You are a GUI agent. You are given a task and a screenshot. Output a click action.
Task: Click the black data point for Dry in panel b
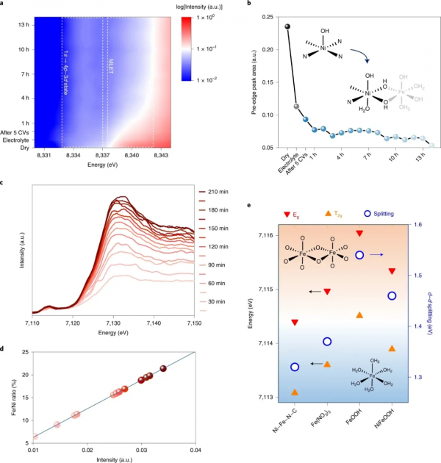pos(287,26)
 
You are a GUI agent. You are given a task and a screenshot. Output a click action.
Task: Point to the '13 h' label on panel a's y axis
pos(20,26)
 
